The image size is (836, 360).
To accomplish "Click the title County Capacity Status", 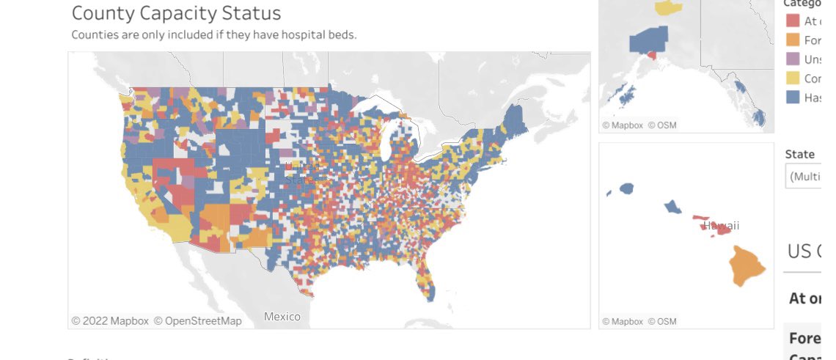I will tap(176, 12).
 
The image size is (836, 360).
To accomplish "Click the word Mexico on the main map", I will tap(282, 317).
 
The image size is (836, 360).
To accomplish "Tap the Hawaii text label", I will tap(722, 225).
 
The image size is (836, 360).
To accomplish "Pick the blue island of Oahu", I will tap(672, 207).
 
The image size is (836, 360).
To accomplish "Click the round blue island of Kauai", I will tap(626, 188).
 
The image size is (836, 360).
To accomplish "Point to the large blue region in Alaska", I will tap(648, 40).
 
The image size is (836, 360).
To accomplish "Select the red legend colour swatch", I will tap(792, 21).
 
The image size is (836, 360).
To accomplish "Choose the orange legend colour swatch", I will tap(792, 40).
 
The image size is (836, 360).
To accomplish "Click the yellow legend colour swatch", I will tap(792, 78).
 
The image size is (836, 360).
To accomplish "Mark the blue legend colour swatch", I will tap(792, 98).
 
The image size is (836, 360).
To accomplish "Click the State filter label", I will tap(799, 154).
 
